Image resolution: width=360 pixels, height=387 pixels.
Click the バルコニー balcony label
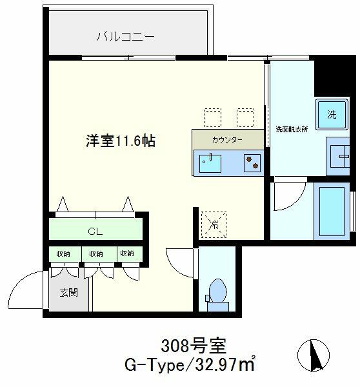tap(125, 37)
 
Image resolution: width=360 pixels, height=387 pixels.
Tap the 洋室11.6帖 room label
tap(121, 141)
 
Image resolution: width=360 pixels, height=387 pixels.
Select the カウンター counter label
tap(227, 140)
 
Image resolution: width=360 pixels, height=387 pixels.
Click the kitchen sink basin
tap(210, 163)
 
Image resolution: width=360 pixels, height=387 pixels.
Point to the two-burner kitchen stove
tap(252, 163)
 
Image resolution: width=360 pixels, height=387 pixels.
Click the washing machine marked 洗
tap(332, 114)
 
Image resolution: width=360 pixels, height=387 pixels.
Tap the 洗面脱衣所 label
tap(292, 129)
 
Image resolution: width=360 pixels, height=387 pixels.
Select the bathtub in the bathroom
tap(332, 212)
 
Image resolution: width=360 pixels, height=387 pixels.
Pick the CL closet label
tap(95, 232)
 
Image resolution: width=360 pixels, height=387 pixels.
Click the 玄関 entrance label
tap(69, 293)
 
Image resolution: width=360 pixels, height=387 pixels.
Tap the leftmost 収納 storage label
tap(63, 253)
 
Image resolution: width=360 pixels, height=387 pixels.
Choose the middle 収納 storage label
tap(96, 253)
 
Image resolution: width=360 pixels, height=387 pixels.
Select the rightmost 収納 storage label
tap(127, 253)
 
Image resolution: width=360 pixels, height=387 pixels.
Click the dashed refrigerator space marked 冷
tap(214, 224)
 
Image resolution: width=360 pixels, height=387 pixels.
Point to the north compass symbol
tap(314, 355)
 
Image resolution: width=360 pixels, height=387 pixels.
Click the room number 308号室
tap(194, 346)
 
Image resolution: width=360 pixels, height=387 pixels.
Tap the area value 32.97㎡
tap(225, 364)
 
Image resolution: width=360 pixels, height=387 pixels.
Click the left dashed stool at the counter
tap(212, 117)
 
